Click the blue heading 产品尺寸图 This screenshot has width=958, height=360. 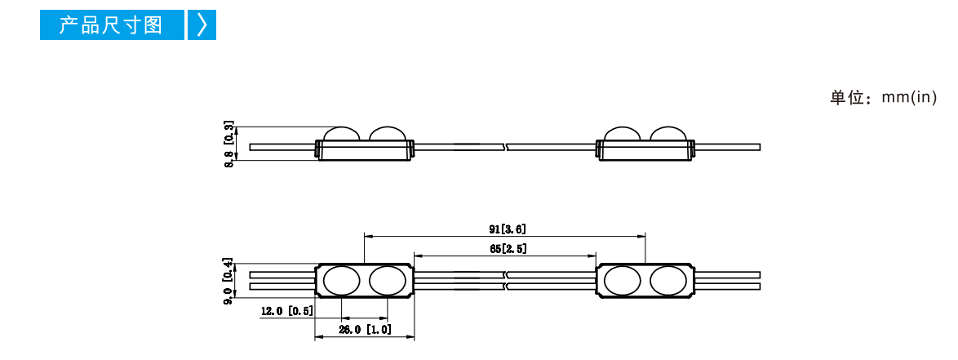pyautogui.click(x=111, y=25)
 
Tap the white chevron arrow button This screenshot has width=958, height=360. pyautogui.click(x=202, y=25)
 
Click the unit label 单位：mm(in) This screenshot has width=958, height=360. pyautogui.click(x=883, y=98)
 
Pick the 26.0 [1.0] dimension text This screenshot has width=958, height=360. pyautogui.click(x=366, y=330)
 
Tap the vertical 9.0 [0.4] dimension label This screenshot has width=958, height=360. pyautogui.click(x=228, y=282)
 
